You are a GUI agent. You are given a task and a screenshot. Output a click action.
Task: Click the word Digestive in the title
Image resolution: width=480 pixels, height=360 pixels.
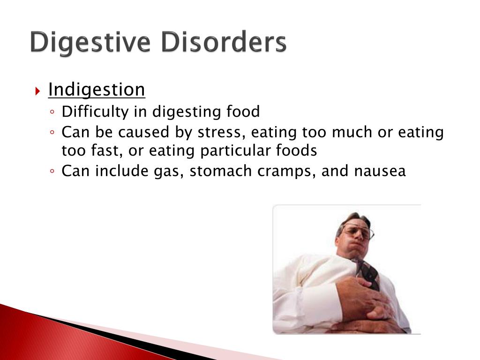pos(90,43)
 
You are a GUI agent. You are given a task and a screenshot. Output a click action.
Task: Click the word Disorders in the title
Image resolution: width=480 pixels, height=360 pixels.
pos(224,42)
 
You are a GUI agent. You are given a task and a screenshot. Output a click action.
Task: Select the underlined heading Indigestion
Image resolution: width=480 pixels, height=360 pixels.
pos(97,90)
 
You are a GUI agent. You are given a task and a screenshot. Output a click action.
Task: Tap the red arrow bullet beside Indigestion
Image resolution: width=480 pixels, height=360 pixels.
pos(37,91)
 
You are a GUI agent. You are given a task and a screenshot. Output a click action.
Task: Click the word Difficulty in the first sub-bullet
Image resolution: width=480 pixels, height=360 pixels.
pos(95,112)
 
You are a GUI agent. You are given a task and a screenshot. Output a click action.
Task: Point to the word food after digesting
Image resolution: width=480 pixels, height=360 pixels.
pos(243,111)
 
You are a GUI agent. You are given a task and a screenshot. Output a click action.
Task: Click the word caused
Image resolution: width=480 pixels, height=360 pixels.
pos(143,132)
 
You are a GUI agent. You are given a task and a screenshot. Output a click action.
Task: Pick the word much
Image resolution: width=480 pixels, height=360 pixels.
pos(352,132)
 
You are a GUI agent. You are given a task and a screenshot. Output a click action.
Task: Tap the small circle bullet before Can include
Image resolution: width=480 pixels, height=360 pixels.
pos(52,171)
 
